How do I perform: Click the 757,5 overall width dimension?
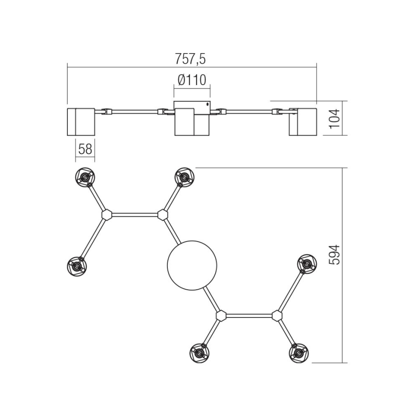tap(192, 59)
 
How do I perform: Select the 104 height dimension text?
tap(335, 118)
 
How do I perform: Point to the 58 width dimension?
tap(85, 149)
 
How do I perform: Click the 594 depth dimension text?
tap(335, 254)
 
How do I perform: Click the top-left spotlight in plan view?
tap(85, 177)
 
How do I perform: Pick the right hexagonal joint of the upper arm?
tap(163, 215)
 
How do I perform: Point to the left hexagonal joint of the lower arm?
tap(221, 316)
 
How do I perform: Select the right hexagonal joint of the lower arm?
tap(276, 316)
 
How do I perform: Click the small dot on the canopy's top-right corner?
tap(207, 103)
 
